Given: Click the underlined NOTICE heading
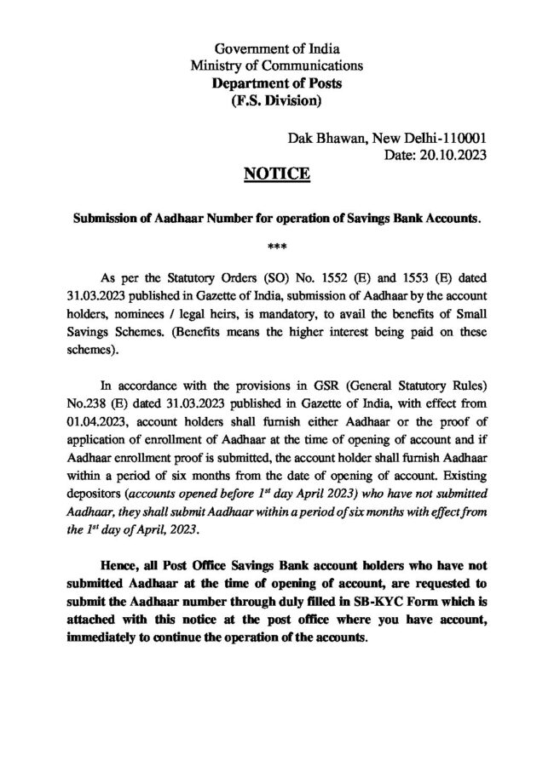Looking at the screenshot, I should pos(277,176).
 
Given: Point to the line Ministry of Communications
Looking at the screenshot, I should pos(277,65).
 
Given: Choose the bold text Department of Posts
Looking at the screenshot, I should pos(277,83).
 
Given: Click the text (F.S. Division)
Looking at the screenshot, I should pos(277,102).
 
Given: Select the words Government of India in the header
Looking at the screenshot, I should pos(277,47).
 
